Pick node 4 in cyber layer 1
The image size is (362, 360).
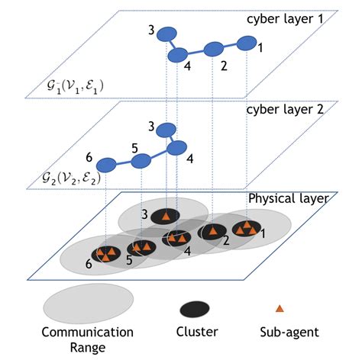(x=178, y=55)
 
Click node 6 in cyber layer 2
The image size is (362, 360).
(x=105, y=164)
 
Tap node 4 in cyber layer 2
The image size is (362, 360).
(x=178, y=147)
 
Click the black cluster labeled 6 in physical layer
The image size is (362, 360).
(x=107, y=254)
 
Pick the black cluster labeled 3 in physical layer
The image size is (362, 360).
(x=165, y=216)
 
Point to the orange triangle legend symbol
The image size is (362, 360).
(x=279, y=308)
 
